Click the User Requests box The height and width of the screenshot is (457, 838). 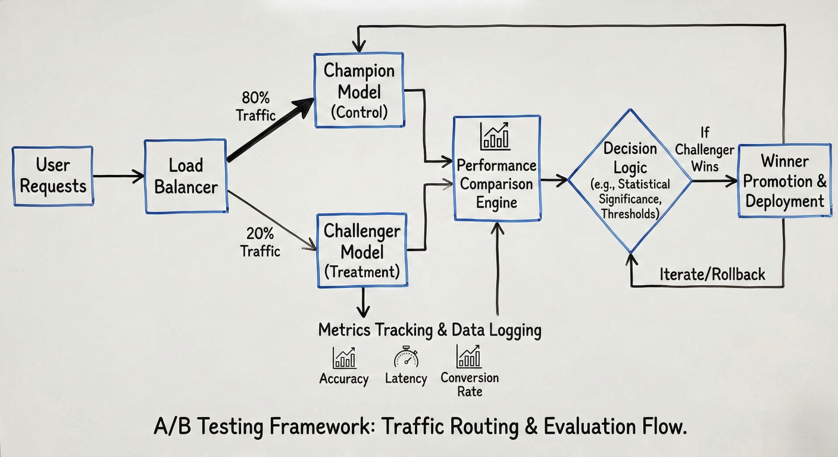pos(53,176)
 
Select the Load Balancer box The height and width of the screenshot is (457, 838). pos(186,176)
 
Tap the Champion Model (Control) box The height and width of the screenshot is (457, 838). pos(359,90)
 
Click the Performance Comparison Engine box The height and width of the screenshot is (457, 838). pos(497,169)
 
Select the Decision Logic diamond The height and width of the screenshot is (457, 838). pos(630,179)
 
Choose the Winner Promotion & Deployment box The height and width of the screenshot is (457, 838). pos(784,181)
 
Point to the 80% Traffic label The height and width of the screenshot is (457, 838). pos(256,106)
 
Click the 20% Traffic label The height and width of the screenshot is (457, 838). pos(260,243)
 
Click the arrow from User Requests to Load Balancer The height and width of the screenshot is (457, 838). pos(118,176)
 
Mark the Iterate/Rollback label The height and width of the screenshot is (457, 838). pos(712,274)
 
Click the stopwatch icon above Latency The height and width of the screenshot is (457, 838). pos(406,357)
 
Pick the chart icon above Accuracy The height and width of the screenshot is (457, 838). pos(344,358)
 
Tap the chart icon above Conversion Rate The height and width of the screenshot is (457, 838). pos(469,356)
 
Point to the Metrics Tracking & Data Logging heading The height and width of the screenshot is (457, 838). pos(430,330)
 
